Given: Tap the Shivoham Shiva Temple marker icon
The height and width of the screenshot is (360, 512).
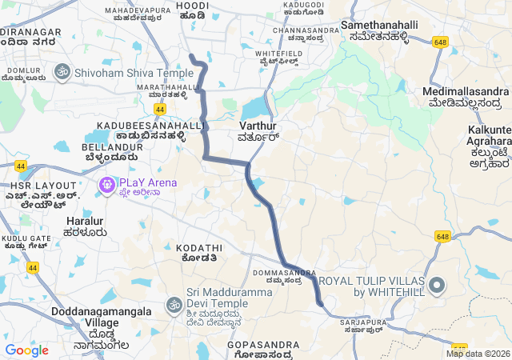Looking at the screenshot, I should click(61, 72).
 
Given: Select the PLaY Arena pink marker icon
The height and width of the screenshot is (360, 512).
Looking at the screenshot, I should click(106, 186).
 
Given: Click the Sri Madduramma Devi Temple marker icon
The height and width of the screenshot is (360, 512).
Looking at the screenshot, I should click(174, 304).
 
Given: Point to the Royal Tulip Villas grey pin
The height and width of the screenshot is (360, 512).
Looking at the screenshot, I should click(437, 285).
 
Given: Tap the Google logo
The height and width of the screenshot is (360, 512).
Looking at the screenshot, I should click(26, 350).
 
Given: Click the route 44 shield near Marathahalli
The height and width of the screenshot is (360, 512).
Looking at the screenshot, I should click(161, 109).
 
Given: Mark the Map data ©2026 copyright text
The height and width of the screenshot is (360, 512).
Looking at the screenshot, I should click(478, 354).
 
